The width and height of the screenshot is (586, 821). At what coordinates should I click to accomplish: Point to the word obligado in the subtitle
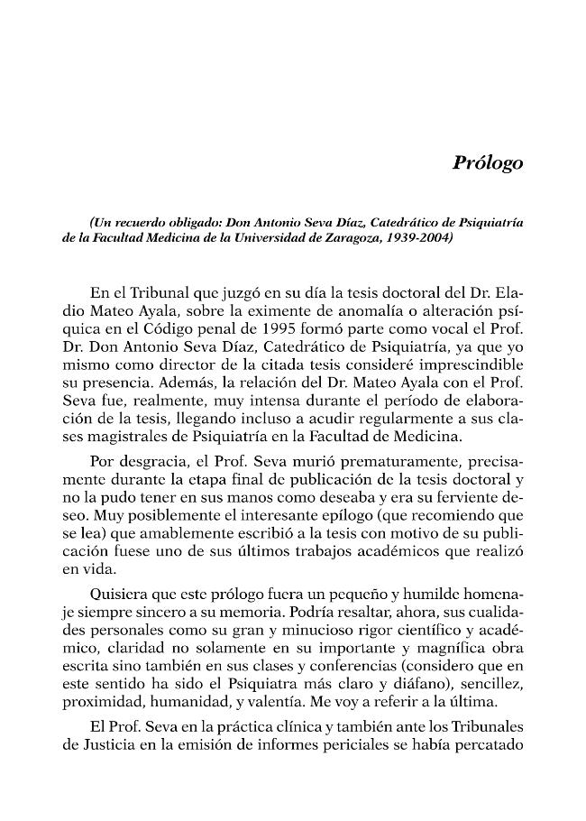point(190,221)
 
